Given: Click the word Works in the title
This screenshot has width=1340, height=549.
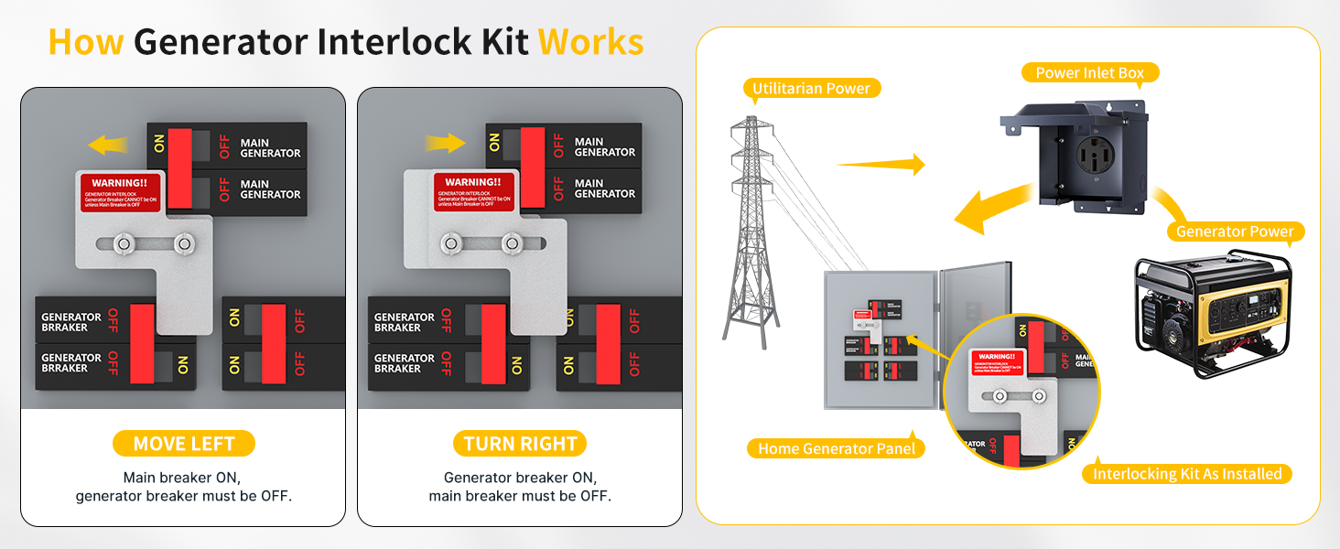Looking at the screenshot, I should (x=590, y=42).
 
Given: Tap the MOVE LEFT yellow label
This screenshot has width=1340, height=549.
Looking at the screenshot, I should (x=184, y=444).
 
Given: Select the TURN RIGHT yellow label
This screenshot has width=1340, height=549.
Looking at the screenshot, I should (x=520, y=444).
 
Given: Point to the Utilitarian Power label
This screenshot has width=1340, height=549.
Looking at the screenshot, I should (x=812, y=89).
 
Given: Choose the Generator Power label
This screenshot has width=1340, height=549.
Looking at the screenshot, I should (x=1235, y=231).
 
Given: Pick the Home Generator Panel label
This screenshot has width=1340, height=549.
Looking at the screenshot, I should (x=837, y=448).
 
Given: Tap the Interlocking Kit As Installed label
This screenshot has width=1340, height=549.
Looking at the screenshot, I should (x=1187, y=474).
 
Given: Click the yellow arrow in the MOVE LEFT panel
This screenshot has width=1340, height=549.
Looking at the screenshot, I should (x=107, y=144).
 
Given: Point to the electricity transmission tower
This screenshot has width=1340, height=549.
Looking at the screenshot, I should (x=750, y=229).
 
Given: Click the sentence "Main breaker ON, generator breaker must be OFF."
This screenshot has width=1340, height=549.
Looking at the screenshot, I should (x=183, y=487).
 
